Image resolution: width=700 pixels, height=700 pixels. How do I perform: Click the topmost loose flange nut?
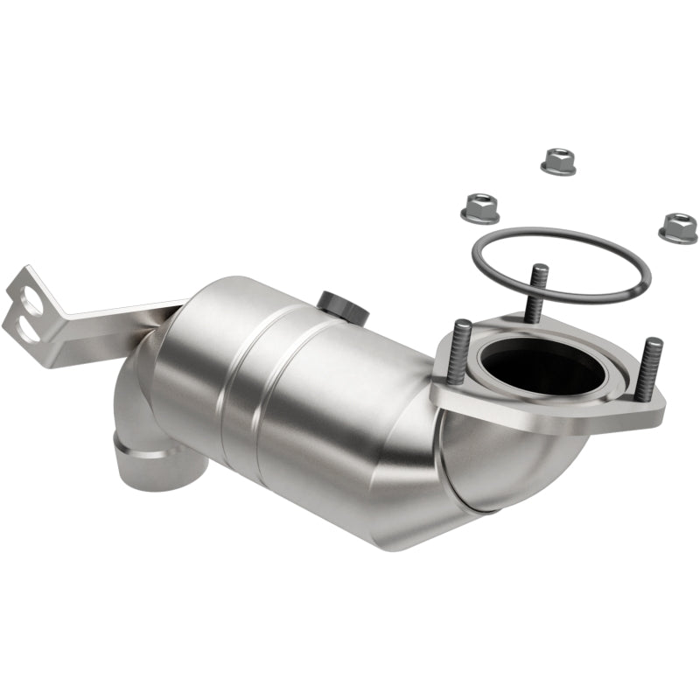pos(558,161)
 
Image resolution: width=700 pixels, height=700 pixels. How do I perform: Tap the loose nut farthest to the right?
pos(678,227)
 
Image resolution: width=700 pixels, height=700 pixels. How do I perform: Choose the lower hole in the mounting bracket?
pos(29,330)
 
